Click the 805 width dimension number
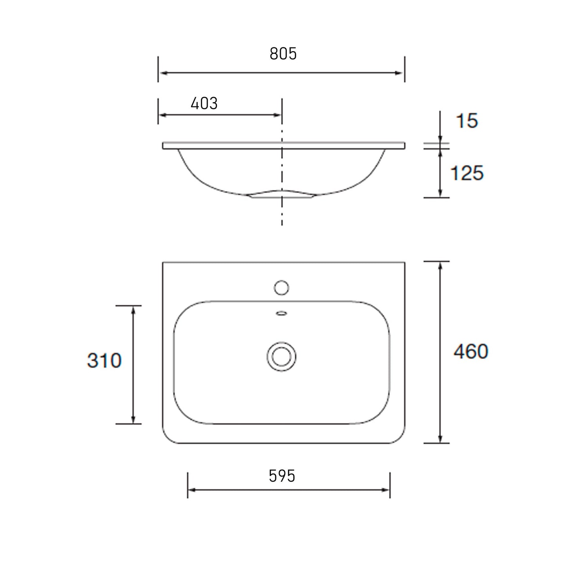(283, 54)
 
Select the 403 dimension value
(204, 103)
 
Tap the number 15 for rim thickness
(467, 121)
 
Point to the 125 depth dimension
(467, 173)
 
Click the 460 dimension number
(471, 351)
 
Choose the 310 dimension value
(104, 361)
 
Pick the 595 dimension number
(282, 476)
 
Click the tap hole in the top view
(281, 288)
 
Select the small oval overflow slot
(281, 313)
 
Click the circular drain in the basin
(281, 357)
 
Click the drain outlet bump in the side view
(281, 194)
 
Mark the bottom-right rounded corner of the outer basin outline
(400, 438)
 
